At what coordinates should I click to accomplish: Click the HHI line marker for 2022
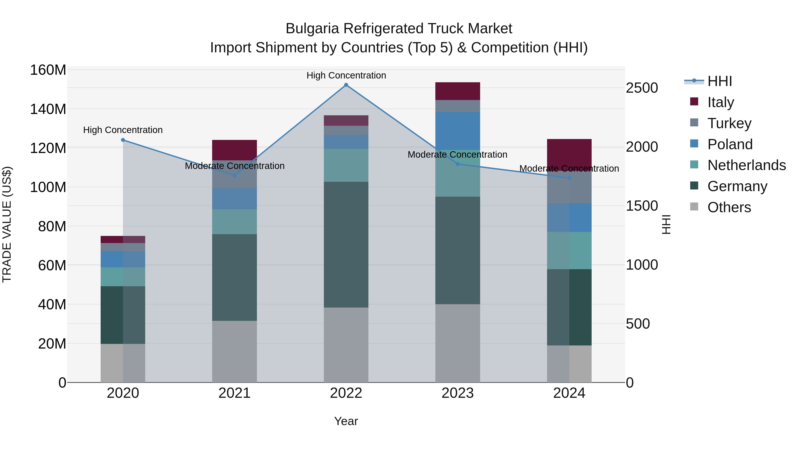pos(346,85)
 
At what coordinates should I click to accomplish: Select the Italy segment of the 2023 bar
pos(458,91)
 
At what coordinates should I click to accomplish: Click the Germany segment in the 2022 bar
pos(346,245)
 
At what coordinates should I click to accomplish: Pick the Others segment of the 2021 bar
pos(235,351)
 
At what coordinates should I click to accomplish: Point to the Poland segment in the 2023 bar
pos(458,131)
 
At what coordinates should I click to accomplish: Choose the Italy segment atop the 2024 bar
pos(569,153)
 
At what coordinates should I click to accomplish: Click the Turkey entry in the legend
pos(729,123)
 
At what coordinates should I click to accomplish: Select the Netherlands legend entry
pos(746,165)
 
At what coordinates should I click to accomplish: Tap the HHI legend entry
pos(719,81)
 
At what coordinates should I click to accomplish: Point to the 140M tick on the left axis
pos(48,109)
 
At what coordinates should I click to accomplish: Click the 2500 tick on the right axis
pos(642,88)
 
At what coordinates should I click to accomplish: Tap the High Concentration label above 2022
pos(346,75)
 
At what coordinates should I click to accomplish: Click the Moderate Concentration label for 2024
pos(569,169)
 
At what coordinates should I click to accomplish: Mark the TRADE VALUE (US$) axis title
pos(7,224)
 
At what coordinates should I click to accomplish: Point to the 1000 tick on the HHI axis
pos(642,265)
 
